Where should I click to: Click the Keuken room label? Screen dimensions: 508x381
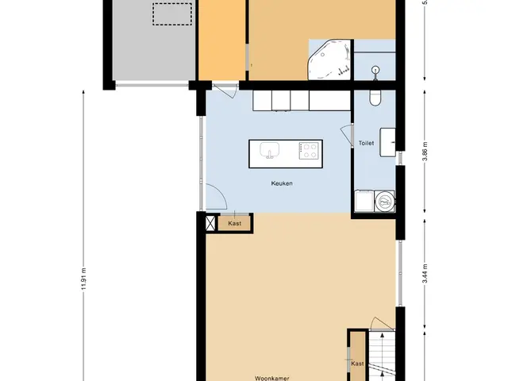[x=282, y=183]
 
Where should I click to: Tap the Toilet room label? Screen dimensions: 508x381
[x=366, y=143]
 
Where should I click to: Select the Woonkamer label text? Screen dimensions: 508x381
[x=271, y=378]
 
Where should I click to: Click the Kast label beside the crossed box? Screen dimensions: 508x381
[x=235, y=223]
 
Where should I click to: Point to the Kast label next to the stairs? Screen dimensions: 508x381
[x=357, y=364]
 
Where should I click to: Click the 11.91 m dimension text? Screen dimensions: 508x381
[x=84, y=279]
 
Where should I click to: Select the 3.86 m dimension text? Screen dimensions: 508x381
[x=425, y=152]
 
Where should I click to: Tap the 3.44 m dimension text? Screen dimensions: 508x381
[x=425, y=274]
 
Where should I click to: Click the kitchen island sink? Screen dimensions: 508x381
[x=269, y=150]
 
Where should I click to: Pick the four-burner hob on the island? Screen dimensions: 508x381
[x=309, y=151]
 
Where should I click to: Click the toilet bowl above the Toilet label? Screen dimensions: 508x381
[x=375, y=98]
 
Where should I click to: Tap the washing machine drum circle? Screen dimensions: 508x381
[x=385, y=202]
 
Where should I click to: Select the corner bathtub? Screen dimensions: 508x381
[x=329, y=60]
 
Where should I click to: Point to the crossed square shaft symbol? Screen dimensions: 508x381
[x=210, y=223]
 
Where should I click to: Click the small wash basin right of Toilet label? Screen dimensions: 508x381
[x=387, y=142]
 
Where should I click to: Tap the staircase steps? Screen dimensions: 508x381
[x=382, y=356]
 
